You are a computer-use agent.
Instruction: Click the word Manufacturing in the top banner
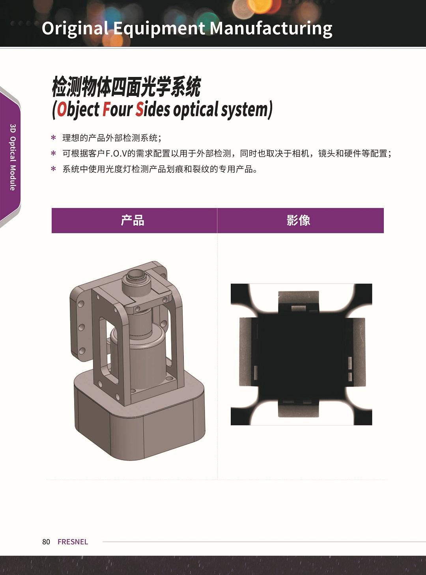(271, 28)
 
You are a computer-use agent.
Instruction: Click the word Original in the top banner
(75, 28)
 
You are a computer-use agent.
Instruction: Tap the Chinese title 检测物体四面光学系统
(126, 87)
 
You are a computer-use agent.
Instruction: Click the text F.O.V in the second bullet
(116, 154)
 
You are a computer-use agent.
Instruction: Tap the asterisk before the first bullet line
(54, 138)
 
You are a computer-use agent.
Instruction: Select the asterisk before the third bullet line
(54, 169)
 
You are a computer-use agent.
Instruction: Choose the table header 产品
(133, 220)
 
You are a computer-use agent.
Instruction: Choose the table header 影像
(299, 220)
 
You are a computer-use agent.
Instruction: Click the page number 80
(46, 541)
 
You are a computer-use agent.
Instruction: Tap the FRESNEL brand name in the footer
(73, 541)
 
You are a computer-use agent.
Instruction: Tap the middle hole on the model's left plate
(82, 327)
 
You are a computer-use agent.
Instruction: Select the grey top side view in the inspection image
(299, 300)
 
